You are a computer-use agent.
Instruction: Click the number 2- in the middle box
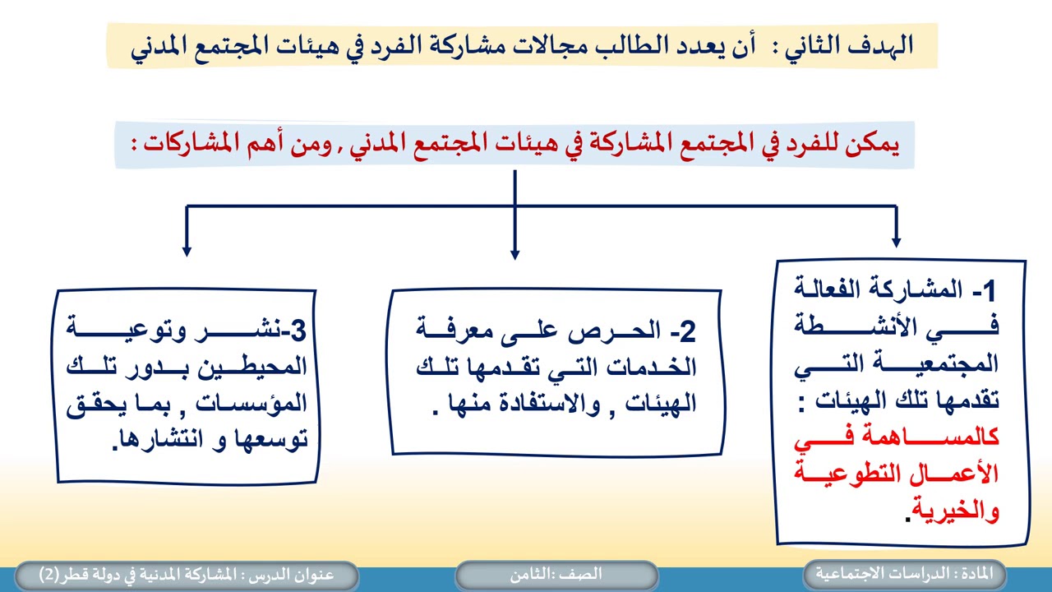(683, 331)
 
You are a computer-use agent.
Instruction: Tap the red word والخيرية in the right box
(961, 511)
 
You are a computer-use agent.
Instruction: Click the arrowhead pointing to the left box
(187, 250)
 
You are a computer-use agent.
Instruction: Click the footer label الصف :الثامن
(556, 574)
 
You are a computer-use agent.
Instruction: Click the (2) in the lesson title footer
(48, 574)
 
